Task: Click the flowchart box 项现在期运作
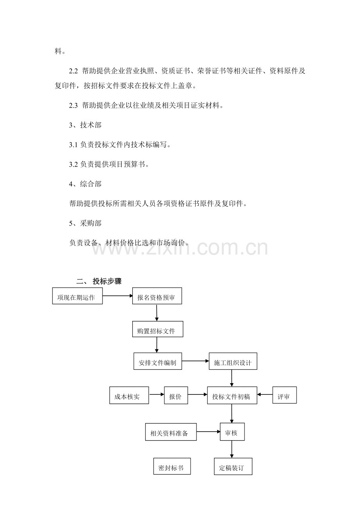click(x=77, y=296)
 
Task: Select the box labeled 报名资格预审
click(x=157, y=296)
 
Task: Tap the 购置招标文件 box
click(x=158, y=329)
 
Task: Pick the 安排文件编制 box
click(x=158, y=361)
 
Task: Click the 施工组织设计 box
click(x=233, y=361)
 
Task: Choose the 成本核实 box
click(x=129, y=395)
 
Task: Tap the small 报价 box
click(x=176, y=395)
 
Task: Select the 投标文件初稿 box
click(x=232, y=395)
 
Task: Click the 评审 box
click(x=284, y=395)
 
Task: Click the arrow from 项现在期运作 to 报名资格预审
click(x=117, y=296)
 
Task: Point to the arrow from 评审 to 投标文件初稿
click(x=265, y=394)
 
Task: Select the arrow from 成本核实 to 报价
click(x=157, y=394)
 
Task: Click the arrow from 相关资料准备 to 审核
click(x=208, y=432)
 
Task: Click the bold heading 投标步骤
click(x=107, y=281)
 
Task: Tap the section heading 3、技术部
click(x=85, y=125)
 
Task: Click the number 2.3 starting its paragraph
click(x=73, y=106)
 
